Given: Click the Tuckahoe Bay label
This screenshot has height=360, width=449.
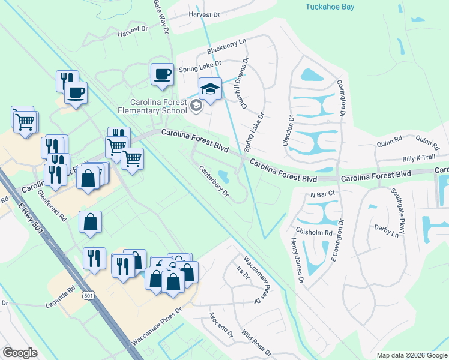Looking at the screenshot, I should [x=330, y=7].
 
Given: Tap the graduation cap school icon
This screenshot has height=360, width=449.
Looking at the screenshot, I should [x=210, y=89].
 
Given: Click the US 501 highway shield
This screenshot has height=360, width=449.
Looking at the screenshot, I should [x=89, y=296].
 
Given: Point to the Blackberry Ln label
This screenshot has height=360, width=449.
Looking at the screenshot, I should [x=226, y=46].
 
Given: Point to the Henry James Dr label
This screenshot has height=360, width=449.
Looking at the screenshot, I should [x=296, y=256].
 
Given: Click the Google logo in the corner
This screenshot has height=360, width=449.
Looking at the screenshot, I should [x=20, y=353].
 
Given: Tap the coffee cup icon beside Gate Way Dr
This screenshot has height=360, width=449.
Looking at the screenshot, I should [x=162, y=74].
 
